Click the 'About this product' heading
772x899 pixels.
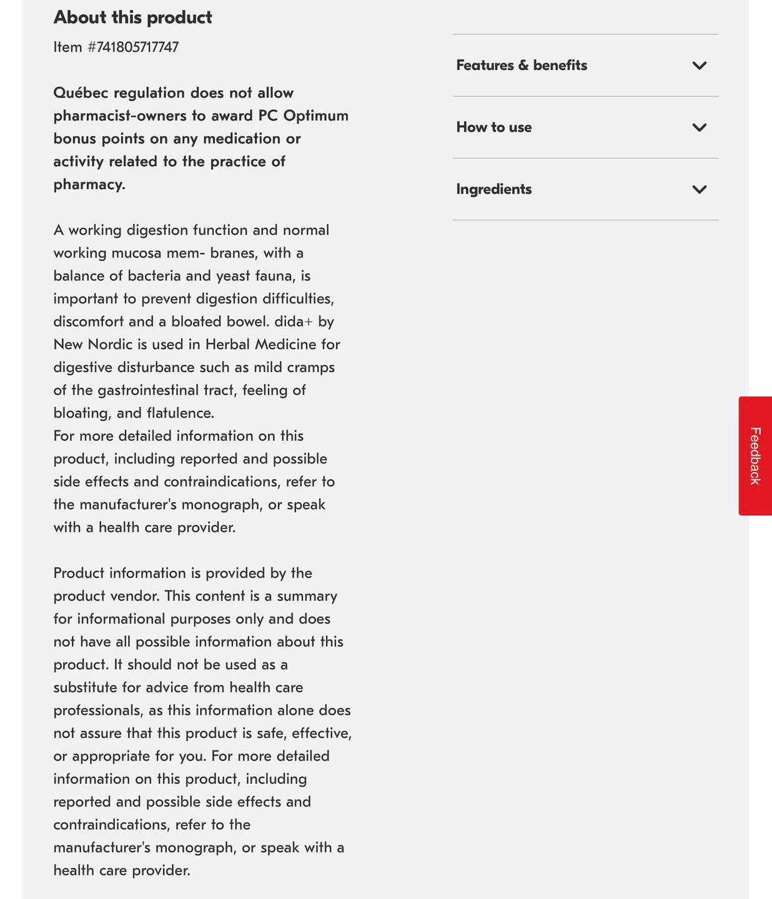pyautogui.click(x=132, y=17)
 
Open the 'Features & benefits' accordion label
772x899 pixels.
pyautogui.click(x=522, y=66)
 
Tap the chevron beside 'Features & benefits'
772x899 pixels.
pyautogui.click(x=700, y=66)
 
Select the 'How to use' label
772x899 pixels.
pyautogui.click(x=494, y=127)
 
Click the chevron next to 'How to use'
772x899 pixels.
pyautogui.click(x=700, y=127)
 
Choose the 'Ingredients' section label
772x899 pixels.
pyautogui.click(x=494, y=189)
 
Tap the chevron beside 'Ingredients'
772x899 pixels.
pyautogui.click(x=700, y=189)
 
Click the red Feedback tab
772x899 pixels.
pyautogui.click(x=755, y=456)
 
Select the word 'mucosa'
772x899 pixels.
pyautogui.click(x=134, y=253)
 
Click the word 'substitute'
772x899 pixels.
pyautogui.click(x=85, y=687)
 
